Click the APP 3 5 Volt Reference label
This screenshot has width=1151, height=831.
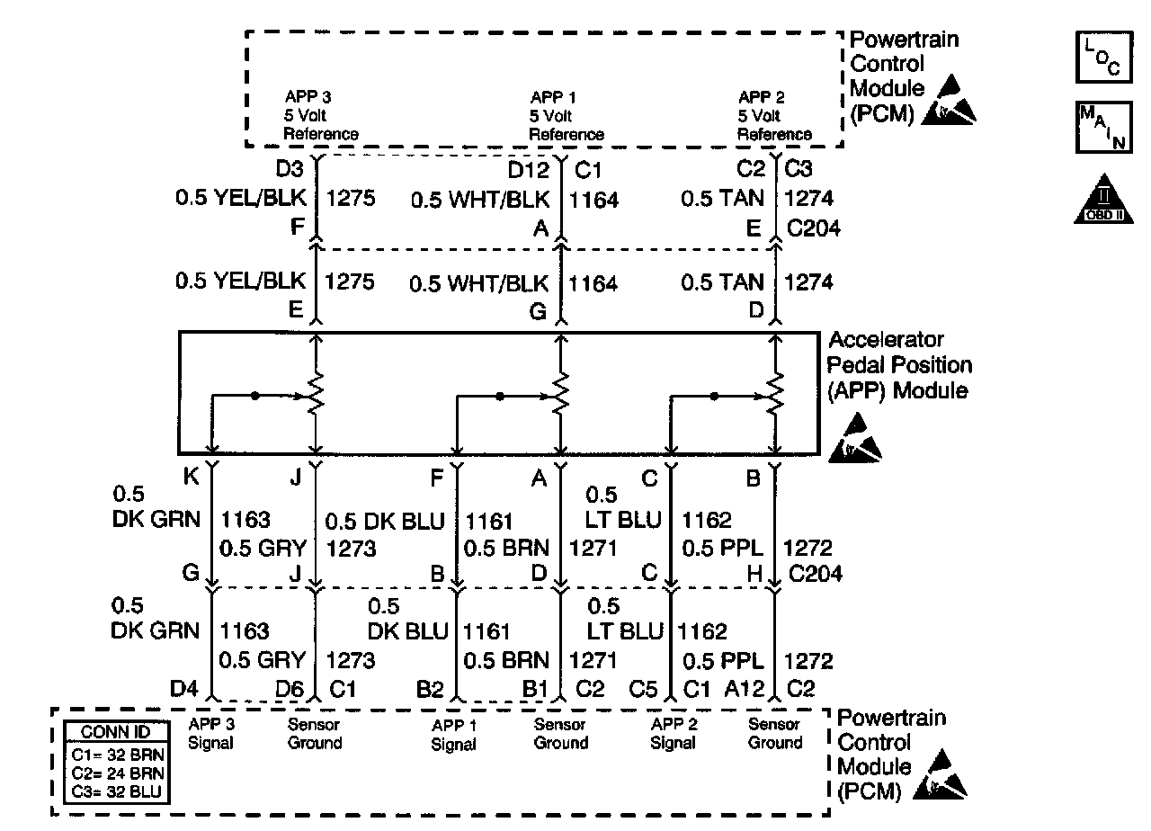pos(321,116)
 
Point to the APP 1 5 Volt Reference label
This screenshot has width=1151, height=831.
pos(566,116)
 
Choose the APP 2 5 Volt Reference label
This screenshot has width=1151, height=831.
pos(774,116)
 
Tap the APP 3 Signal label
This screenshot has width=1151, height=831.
pos(211,733)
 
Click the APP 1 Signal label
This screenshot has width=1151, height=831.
pos(453,735)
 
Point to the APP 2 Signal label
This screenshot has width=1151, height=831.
pos(673,733)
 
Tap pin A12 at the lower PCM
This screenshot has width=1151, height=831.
pos(745,690)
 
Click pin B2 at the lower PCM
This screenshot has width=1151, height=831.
pos(430,690)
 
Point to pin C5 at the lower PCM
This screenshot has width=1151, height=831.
pos(644,690)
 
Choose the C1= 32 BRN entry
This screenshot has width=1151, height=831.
pos(110,753)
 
